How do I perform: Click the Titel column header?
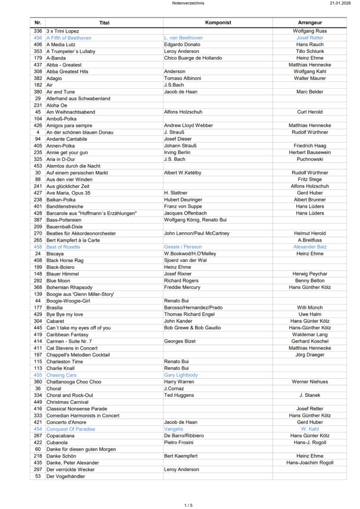pyautogui.click(x=104, y=23)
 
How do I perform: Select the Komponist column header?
pyautogui.click(x=218, y=23)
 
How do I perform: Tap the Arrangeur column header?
pyautogui.click(x=310, y=23)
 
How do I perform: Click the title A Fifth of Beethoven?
pyautogui.click(x=69, y=38)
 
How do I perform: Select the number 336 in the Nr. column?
pyautogui.click(x=38, y=31)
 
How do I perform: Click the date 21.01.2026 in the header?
pyautogui.click(x=341, y=3)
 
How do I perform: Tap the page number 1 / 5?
pyautogui.click(x=189, y=505)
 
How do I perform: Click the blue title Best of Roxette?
pyautogui.click(x=63, y=247)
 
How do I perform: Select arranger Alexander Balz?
pyautogui.click(x=310, y=247)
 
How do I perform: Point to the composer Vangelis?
pyautogui.click(x=173, y=429)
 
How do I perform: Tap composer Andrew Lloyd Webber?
pyautogui.click(x=189, y=125)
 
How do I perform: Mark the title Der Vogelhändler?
pyautogui.click(x=65, y=476)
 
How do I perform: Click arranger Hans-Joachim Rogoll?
pyautogui.click(x=310, y=463)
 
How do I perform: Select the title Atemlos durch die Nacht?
pyautogui.click(x=73, y=166)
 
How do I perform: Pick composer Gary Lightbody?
pyautogui.click(x=181, y=375)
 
